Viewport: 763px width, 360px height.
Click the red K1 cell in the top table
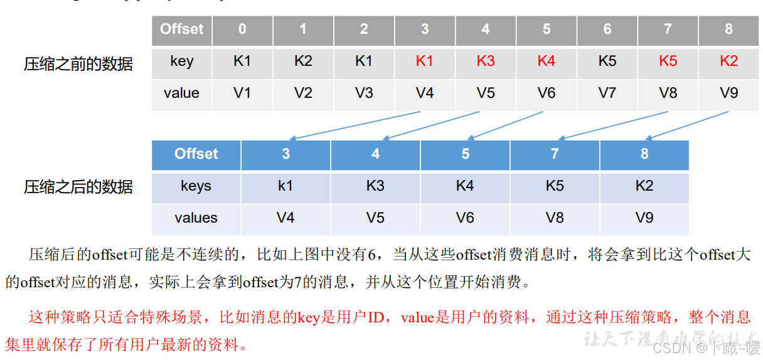(x=425, y=61)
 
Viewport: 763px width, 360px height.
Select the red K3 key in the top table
(x=486, y=61)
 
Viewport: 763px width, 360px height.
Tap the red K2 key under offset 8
(x=728, y=61)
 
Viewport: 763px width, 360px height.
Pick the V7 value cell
(x=607, y=93)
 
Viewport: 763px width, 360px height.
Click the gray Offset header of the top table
(x=181, y=29)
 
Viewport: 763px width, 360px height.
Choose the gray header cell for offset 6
(x=607, y=29)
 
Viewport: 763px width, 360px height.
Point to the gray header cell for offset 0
(x=242, y=29)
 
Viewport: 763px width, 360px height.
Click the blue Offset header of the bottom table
(x=196, y=154)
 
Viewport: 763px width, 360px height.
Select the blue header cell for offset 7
(x=555, y=154)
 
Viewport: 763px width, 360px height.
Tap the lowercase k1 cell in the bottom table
(x=285, y=186)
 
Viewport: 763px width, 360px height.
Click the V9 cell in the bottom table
(x=644, y=218)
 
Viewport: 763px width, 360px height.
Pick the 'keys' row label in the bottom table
(x=196, y=186)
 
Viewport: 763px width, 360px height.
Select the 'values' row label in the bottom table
(x=196, y=218)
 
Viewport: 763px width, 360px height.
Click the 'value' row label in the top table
(x=181, y=93)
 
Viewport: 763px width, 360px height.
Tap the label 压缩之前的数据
(x=78, y=64)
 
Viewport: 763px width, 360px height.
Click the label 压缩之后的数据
(x=78, y=187)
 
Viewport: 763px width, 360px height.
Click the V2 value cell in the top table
(x=303, y=93)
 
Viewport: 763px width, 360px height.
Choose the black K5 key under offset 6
(x=607, y=61)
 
